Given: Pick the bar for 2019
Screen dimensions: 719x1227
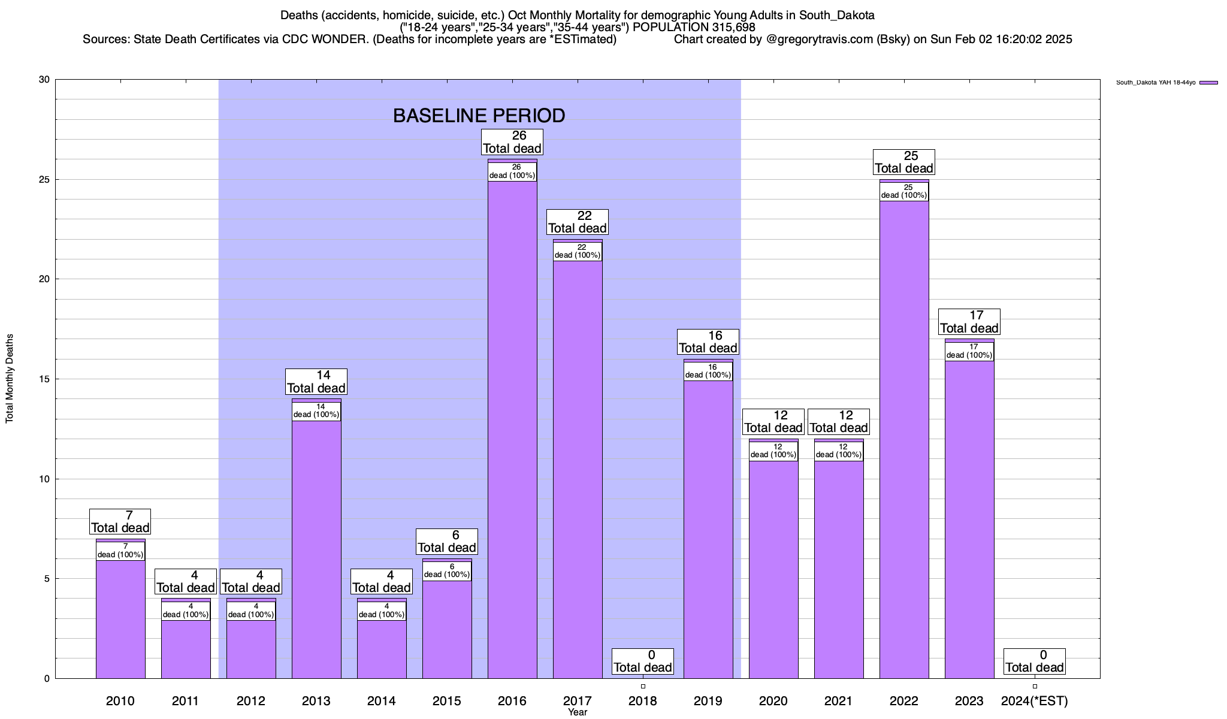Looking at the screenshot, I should coord(708,527).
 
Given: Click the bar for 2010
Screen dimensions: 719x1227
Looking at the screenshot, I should coord(120,617).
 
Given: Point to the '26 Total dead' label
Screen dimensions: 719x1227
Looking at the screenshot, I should coord(512,143).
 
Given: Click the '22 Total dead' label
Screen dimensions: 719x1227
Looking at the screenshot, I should coord(578,222).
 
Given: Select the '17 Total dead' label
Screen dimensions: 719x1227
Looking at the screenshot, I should coord(969,322).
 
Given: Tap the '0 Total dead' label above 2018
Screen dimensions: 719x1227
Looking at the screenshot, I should coord(643,661).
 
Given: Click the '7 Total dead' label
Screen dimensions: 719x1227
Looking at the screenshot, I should coord(120,522).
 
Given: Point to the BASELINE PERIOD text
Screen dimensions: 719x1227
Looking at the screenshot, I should coord(479,116).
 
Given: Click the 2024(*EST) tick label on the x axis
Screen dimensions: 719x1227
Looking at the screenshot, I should coord(1035,701).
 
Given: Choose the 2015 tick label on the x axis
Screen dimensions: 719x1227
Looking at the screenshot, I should coord(447,701).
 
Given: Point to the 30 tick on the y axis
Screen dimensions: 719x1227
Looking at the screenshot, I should coord(44,80).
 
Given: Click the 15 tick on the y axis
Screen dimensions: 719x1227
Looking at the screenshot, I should coord(44,379).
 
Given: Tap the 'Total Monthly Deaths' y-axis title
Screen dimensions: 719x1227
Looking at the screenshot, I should coord(10,379).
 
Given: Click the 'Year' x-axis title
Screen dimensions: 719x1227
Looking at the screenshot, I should coord(578,712).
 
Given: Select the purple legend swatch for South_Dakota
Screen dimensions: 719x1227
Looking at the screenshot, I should coord(1209,83).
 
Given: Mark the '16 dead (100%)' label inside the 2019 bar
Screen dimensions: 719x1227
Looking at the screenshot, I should coord(708,371).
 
